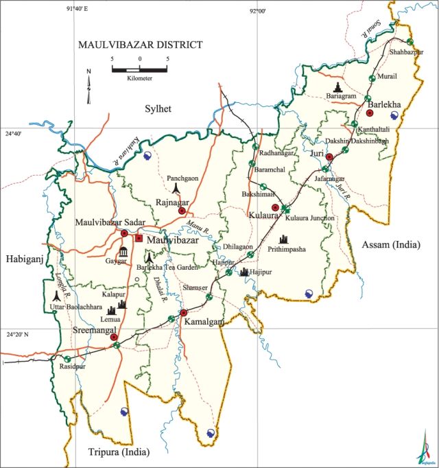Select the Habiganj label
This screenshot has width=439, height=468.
[24, 258]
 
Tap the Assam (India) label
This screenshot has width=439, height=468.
[392, 244]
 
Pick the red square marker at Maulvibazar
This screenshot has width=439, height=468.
[139, 238]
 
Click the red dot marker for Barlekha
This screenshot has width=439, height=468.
[369, 113]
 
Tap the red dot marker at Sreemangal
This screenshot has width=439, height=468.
[114, 337]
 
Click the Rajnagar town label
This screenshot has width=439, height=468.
[171, 202]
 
